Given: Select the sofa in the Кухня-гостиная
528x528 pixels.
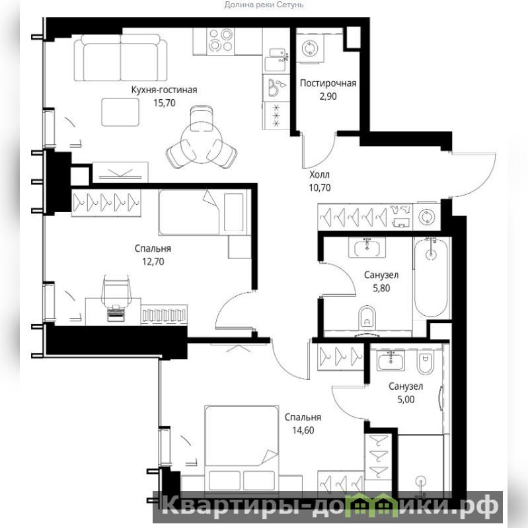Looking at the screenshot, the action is pyautogui.click(x=120, y=57).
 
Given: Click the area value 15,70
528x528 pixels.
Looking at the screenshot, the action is pyautogui.click(x=165, y=102).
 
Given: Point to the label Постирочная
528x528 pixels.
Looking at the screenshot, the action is pyautogui.click(x=328, y=83).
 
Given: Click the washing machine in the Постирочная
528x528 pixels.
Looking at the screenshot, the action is pyautogui.click(x=310, y=48).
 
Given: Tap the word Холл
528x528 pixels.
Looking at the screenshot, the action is pyautogui.click(x=319, y=174).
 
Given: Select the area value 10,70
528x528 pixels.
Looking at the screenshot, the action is pyautogui.click(x=320, y=188).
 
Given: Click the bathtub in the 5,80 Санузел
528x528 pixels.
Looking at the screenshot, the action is pyautogui.click(x=431, y=277).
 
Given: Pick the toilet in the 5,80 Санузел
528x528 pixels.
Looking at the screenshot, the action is pyautogui.click(x=367, y=317).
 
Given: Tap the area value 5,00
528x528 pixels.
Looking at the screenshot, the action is pyautogui.click(x=406, y=400).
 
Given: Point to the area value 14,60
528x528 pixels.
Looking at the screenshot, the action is pyautogui.click(x=303, y=430).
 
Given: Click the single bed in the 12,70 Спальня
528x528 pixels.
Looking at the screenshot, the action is pyautogui.click(x=205, y=212).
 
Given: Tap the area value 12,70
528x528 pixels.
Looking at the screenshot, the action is pyautogui.click(x=153, y=262).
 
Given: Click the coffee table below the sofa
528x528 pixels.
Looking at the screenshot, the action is pyautogui.click(x=120, y=112).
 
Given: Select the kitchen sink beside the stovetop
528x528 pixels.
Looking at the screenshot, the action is pyautogui.click(x=276, y=59).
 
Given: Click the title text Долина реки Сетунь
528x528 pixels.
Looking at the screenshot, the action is pyautogui.click(x=264, y=5).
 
